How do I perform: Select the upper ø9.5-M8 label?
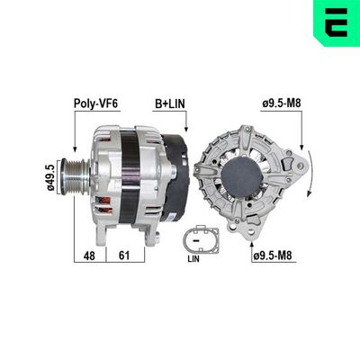pos(281,105)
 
